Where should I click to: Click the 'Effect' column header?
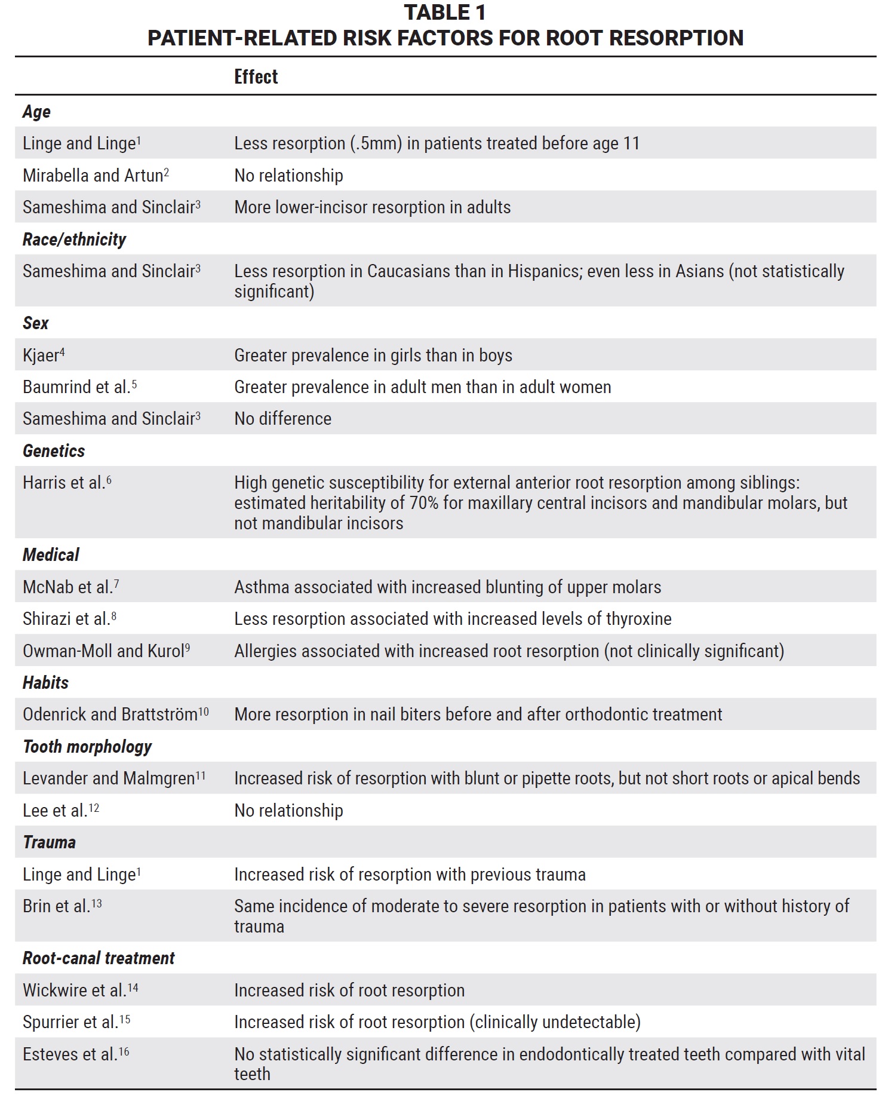(256, 77)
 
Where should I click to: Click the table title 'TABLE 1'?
(445, 13)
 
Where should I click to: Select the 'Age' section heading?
(36, 112)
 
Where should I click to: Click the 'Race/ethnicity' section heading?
(74, 240)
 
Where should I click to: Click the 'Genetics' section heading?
(54, 451)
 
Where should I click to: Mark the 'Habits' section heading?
(45, 683)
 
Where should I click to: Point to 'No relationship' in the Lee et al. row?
(288, 811)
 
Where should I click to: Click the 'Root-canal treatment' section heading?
(99, 958)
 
